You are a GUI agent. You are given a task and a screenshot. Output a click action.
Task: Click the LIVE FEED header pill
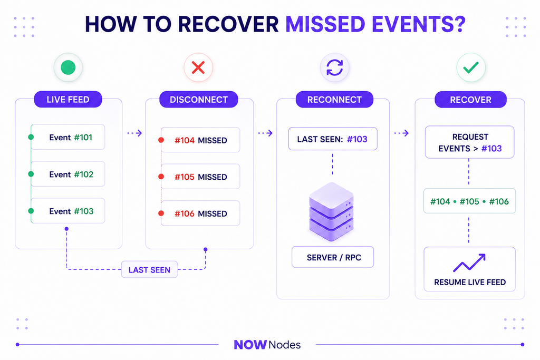pos(68,100)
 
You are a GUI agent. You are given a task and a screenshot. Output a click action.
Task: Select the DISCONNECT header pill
pos(199,100)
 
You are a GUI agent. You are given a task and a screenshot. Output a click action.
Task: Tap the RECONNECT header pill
pos(334,100)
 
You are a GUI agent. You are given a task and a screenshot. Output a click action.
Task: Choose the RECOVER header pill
pos(470,100)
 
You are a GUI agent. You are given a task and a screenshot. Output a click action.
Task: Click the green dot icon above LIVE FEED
pos(68,67)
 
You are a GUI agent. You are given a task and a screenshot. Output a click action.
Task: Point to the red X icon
pos(198,67)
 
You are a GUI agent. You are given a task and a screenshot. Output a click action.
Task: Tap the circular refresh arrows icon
pos(335,67)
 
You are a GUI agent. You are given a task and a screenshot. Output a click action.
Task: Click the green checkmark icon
pos(471,67)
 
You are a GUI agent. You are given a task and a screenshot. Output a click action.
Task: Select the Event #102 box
pos(68,174)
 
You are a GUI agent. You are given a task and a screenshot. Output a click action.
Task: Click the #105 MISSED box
pos(200,177)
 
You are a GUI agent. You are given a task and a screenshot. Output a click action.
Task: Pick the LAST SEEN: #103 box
pos(333,139)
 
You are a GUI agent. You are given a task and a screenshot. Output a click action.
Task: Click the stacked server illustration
pos(331,212)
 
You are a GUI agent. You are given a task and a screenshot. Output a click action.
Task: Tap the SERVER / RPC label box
pos(333,257)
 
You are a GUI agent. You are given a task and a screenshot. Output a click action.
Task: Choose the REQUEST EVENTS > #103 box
pos(470,142)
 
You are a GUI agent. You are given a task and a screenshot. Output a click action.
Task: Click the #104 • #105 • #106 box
pos(470,201)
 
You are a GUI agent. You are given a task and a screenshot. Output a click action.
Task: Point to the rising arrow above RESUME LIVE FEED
pos(469,262)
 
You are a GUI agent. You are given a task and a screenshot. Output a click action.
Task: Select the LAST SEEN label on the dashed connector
pos(149,270)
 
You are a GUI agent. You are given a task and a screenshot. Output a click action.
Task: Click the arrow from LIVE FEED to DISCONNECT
pos(134,133)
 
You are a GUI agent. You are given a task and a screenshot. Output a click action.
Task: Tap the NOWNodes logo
pos(267,345)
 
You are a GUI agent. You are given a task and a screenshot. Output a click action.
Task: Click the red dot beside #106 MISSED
pos(161,213)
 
